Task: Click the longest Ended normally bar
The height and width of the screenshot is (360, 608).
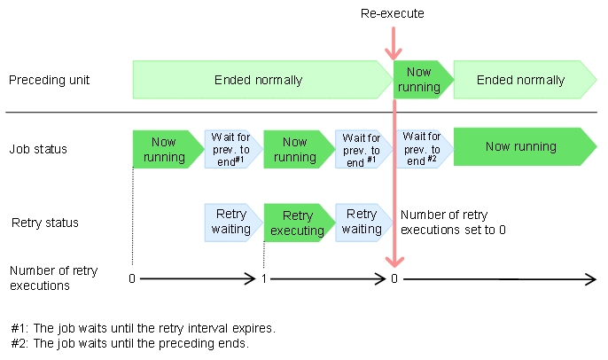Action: (x=259, y=80)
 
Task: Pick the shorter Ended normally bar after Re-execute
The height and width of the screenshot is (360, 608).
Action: (x=521, y=80)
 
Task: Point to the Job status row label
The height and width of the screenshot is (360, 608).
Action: (x=38, y=148)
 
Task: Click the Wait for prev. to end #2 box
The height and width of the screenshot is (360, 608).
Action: (x=422, y=147)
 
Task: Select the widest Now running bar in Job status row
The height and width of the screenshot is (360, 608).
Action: (x=521, y=147)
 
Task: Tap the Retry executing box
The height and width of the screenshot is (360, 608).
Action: (x=297, y=222)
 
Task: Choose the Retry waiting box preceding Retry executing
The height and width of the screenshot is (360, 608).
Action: (x=232, y=222)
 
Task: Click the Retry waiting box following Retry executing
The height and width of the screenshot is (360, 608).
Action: (x=362, y=222)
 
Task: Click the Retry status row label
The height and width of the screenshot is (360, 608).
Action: (x=45, y=223)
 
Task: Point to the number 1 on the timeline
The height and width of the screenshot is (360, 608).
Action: (x=264, y=278)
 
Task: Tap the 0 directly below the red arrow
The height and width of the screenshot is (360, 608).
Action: (x=394, y=278)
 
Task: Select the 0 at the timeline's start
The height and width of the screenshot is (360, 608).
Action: (x=132, y=278)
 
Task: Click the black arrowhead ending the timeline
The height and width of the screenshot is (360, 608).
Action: (x=591, y=279)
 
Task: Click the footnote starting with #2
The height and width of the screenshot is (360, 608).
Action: (x=129, y=344)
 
